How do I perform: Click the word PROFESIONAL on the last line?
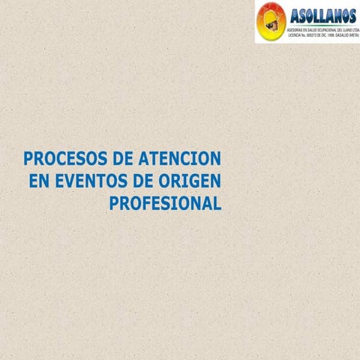(x=166, y=203)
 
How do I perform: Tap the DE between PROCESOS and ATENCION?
(x=120, y=159)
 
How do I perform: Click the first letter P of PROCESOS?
(x=28, y=159)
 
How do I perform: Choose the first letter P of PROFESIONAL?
(x=115, y=203)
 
